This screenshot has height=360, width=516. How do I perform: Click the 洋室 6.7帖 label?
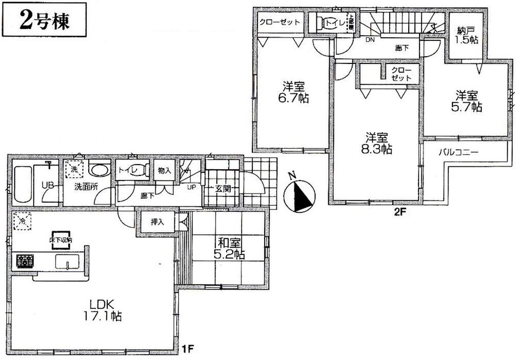(295, 91)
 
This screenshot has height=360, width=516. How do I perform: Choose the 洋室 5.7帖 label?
(468, 101)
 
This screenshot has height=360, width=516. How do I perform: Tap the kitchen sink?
(66, 261)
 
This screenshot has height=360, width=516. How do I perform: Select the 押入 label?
(157, 223)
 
